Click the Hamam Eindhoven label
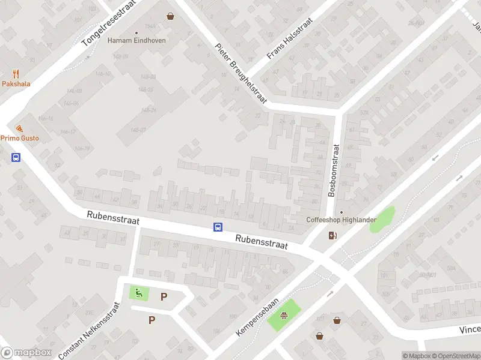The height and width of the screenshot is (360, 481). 136,41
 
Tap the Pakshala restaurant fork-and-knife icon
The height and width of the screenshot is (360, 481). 16,74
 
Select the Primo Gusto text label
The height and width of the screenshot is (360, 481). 19,138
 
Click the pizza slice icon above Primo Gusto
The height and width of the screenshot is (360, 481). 19,128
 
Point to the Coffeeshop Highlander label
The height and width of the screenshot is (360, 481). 341,220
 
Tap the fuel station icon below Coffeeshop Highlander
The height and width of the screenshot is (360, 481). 332,235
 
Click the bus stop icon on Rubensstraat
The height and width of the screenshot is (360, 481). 218,227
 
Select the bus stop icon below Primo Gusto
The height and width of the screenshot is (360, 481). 16,158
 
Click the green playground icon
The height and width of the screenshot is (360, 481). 139,293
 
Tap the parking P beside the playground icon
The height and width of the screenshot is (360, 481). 164,296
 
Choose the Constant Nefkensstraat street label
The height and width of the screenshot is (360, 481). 90,331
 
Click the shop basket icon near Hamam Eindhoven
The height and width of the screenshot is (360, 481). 171,16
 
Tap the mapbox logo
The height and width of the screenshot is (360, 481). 26,352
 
